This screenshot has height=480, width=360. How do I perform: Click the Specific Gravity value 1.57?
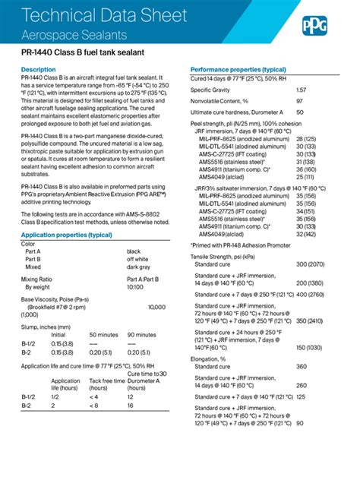(x=301, y=90)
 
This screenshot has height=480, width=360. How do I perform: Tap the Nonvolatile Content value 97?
(x=299, y=101)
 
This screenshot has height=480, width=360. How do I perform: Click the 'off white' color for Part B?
(x=137, y=258)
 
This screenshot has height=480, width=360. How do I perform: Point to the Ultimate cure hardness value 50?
(x=299, y=112)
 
